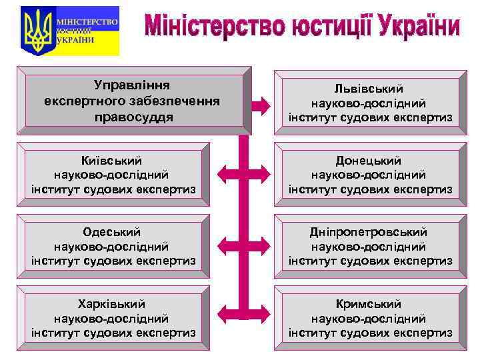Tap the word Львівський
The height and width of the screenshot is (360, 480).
pyautogui.click(x=370, y=89)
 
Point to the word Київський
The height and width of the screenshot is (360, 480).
pyautogui.click(x=113, y=161)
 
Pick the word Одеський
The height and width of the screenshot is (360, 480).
pyautogui.click(x=113, y=232)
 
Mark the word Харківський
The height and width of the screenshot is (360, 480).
pyautogui.click(x=113, y=304)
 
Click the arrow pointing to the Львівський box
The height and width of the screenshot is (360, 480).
pyautogui.click(x=260, y=103)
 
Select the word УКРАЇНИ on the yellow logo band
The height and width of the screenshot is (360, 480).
pyautogui.click(x=75, y=40)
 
